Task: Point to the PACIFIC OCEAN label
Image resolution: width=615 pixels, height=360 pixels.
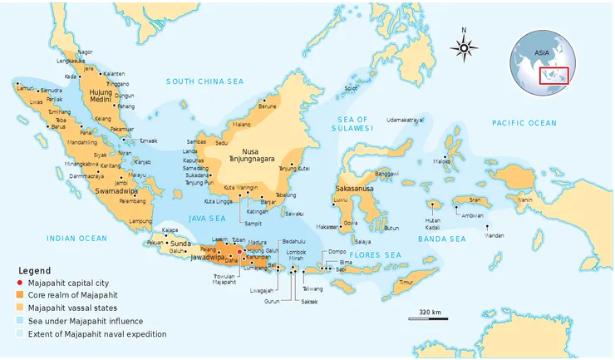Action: tap(524, 123)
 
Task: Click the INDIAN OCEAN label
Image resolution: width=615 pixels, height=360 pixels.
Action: tap(76, 239)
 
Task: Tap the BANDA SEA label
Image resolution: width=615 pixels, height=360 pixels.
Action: tap(441, 239)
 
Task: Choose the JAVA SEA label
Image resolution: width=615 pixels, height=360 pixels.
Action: tap(208, 218)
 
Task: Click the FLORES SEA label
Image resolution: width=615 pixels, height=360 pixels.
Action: tap(375, 254)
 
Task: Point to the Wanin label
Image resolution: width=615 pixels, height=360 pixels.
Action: tap(525, 200)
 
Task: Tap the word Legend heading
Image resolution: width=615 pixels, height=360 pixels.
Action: tap(36, 271)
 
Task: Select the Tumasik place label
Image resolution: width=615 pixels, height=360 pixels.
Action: tap(147, 141)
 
